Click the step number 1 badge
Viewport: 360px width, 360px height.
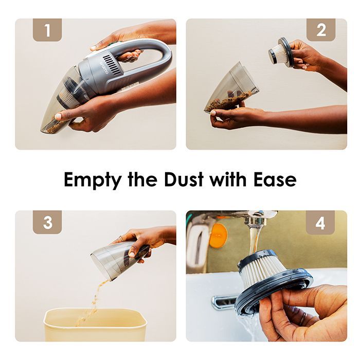[47, 30]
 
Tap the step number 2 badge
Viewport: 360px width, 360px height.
[321, 30]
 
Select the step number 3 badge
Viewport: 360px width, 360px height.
[47, 222]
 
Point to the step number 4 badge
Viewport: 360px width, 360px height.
[320, 223]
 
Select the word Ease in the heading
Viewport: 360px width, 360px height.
[275, 179]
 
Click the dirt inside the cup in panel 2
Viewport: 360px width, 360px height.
[229, 100]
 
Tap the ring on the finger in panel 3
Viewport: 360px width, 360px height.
[120, 239]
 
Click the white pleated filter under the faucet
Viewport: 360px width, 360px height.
[263, 272]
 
